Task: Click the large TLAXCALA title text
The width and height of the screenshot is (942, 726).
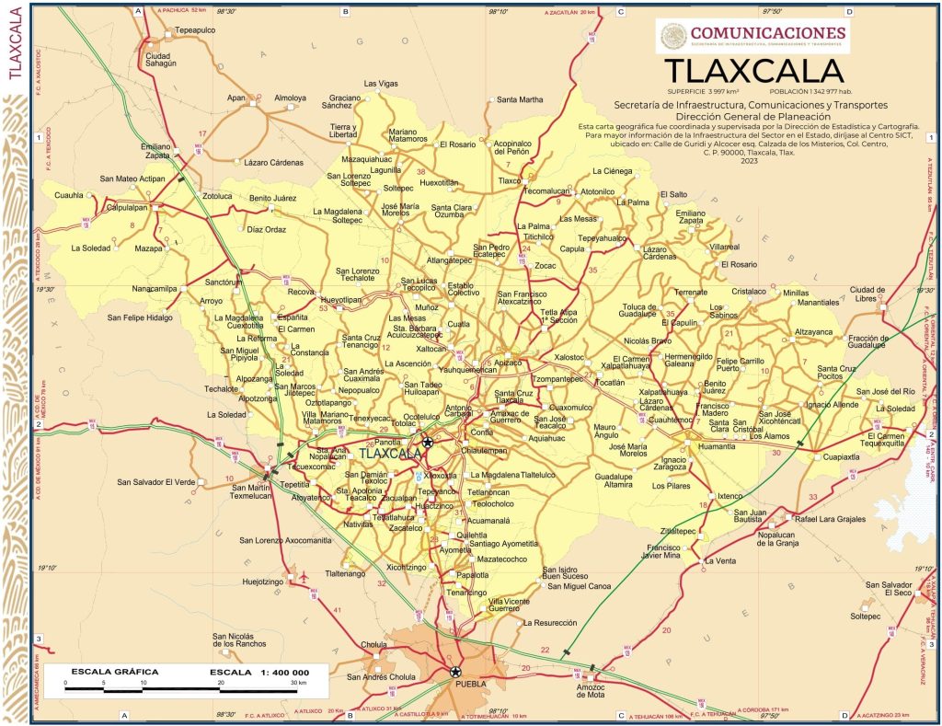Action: (752, 71)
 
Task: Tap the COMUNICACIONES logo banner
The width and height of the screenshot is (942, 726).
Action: (753, 36)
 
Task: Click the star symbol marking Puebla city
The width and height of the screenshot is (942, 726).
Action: (455, 672)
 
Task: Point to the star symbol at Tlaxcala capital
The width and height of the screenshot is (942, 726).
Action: (427, 443)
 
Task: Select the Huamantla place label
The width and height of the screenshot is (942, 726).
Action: (718, 445)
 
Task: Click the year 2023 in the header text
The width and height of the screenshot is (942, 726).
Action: (748, 161)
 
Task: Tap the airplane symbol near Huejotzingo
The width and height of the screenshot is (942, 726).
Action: (304, 578)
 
